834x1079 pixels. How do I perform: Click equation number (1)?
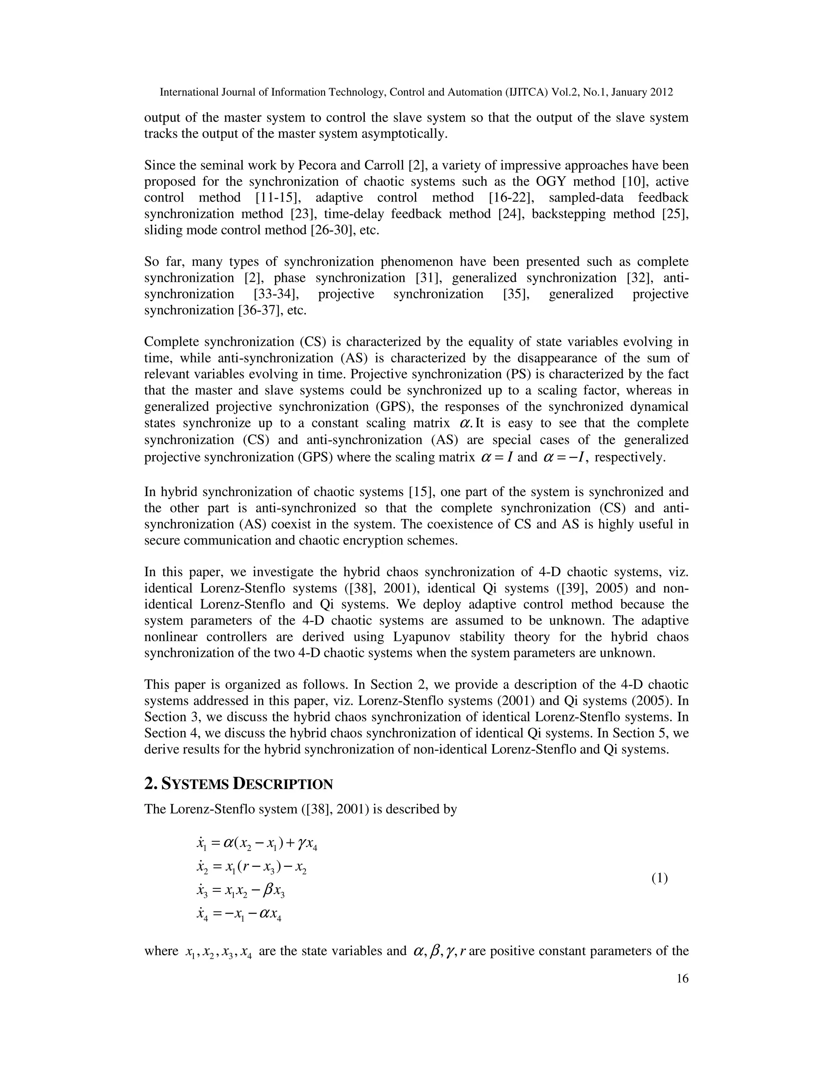point(659,878)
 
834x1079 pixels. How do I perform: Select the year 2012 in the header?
point(663,92)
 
